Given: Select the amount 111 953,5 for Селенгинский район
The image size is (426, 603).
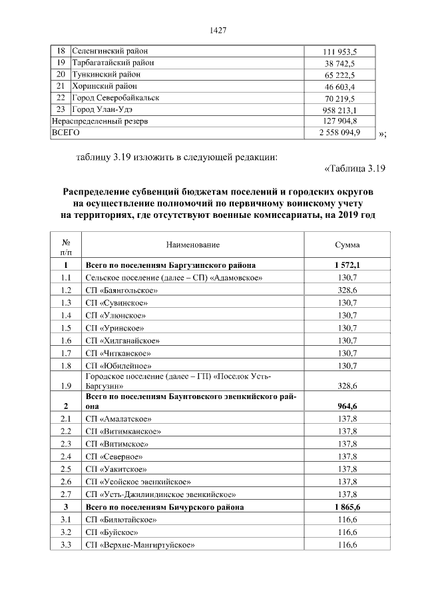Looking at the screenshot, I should (339, 51).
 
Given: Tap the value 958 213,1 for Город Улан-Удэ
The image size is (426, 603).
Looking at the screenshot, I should (339, 110).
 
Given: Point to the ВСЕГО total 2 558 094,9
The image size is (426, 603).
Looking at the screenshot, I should (339, 133).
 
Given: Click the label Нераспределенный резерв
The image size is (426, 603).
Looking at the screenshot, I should (100, 121).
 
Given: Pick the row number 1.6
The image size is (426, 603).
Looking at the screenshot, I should (66, 340).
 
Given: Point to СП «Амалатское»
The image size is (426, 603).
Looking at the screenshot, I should (119, 419).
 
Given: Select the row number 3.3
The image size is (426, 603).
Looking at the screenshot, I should (66, 545).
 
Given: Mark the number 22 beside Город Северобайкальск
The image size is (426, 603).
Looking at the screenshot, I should (60, 98).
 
